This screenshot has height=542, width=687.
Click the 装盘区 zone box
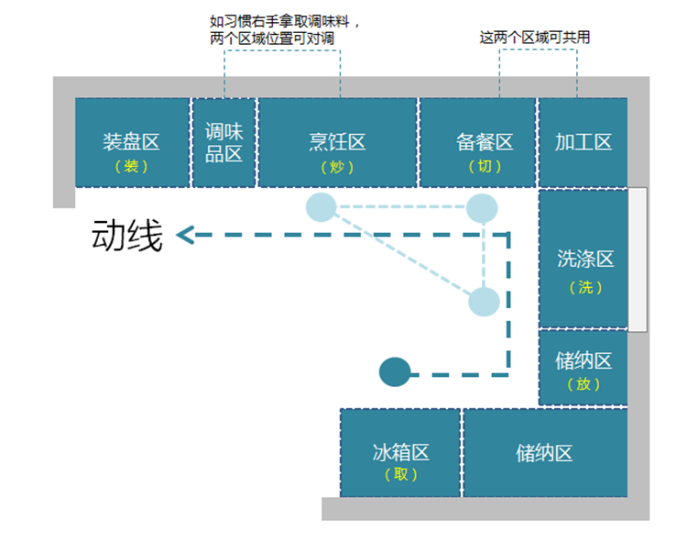pyautogui.click(x=131, y=142)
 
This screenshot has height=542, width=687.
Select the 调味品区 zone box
pyautogui.click(x=224, y=142)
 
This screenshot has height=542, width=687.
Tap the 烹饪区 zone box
pyautogui.click(x=337, y=142)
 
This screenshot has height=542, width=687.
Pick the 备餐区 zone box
pyautogui.click(x=477, y=142)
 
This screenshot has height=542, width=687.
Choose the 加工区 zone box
pyautogui.click(x=583, y=142)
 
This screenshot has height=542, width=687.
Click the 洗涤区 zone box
pyautogui.click(x=583, y=259)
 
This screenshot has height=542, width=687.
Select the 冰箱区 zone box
pyautogui.click(x=400, y=453)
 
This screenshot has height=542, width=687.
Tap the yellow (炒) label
pyautogui.click(x=337, y=167)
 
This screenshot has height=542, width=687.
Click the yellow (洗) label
pyautogui.click(x=585, y=287)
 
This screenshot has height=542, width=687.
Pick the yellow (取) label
pyautogui.click(x=400, y=474)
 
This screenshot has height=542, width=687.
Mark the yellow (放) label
pyautogui.click(x=583, y=384)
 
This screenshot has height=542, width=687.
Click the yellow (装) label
pyautogui.click(x=131, y=167)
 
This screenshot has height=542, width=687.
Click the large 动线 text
pyautogui.click(x=127, y=237)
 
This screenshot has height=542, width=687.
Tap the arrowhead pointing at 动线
pyautogui.click(x=185, y=236)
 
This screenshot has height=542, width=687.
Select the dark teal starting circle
pyautogui.click(x=394, y=371)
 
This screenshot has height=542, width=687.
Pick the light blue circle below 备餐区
pyautogui.click(x=482, y=208)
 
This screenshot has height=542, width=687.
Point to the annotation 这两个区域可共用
pyautogui.click(x=535, y=38)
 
